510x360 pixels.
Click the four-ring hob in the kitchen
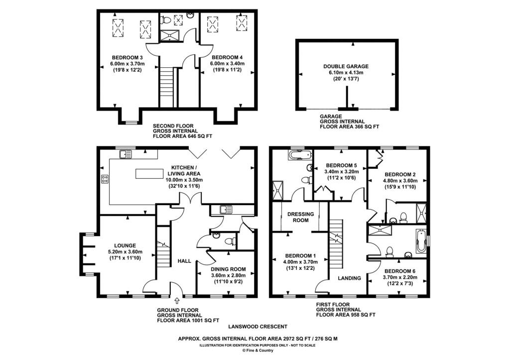tap(105, 180)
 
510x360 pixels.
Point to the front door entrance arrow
tap(177, 300)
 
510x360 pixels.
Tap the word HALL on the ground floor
tap(185, 261)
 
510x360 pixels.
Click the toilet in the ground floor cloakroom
tap(230, 241)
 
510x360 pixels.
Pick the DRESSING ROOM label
tap(301, 217)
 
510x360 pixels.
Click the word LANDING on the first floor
tap(349, 278)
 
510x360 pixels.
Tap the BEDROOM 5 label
tap(341, 166)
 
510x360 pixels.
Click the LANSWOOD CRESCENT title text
tap(257, 327)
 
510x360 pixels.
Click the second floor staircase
tap(167, 84)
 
